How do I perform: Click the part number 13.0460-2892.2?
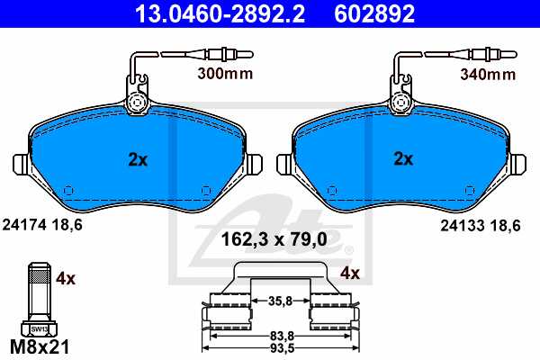coord(210,13)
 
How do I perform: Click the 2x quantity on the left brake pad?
coord(137,159)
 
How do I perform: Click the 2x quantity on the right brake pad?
coord(404,159)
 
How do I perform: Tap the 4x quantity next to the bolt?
coord(66,279)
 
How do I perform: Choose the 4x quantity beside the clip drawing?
coord(349,273)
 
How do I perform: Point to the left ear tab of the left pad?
coord(22,166)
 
